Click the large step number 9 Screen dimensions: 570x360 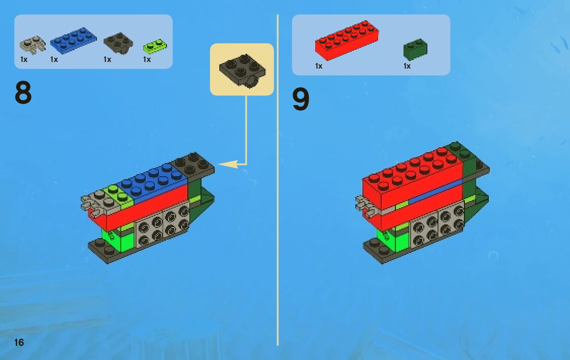click(300, 99)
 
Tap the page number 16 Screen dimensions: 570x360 click(19, 342)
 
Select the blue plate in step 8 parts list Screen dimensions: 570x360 click(74, 41)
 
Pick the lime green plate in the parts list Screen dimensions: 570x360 click(155, 46)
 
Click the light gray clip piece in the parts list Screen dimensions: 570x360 click(32, 45)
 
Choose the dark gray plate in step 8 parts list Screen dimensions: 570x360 click(118, 43)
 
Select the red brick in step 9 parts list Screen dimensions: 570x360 click(347, 40)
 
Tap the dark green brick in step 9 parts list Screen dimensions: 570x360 click(415, 49)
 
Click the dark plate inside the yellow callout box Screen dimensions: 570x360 click(242, 70)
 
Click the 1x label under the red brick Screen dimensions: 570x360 click(318, 66)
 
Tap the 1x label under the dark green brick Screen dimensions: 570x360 click(407, 66)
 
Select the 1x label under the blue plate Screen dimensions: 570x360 click(54, 59)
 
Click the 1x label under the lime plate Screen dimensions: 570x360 click(147, 59)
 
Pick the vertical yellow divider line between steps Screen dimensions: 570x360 click(278, 180)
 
